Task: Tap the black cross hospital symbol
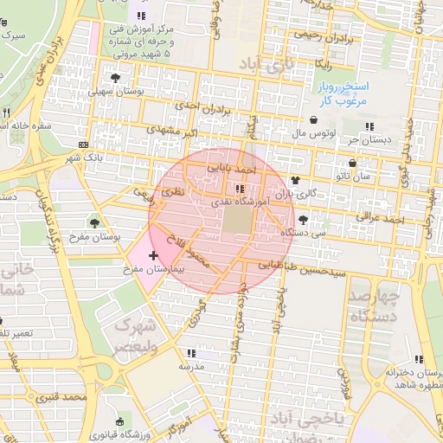tap(154, 255)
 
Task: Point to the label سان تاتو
tap(356, 176)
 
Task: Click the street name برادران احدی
tap(205, 109)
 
